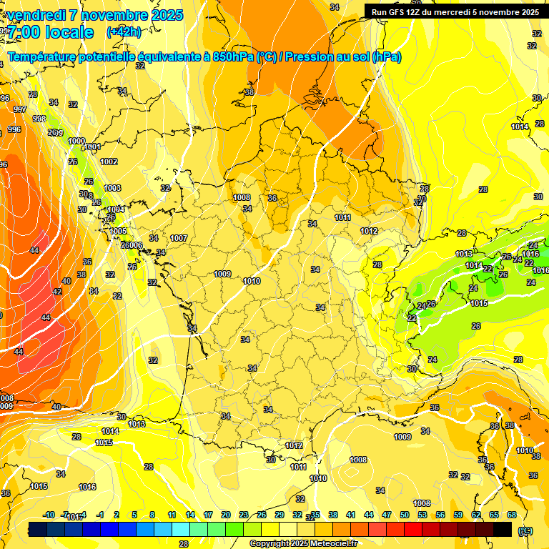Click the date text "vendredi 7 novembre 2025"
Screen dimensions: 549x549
point(94,15)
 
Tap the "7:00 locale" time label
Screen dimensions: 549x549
point(50,32)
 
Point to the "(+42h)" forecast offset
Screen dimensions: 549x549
point(124,32)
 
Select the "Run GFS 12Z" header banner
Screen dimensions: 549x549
point(455,12)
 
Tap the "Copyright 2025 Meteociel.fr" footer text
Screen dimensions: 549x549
point(303,543)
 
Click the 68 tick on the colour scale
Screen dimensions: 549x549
point(512,515)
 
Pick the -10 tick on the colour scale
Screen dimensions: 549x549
point(49,515)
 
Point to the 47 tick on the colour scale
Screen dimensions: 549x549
point(387,515)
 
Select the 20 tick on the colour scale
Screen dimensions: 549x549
point(226,515)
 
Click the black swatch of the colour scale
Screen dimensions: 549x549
point(503,530)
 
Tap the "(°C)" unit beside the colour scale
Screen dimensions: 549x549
point(526,530)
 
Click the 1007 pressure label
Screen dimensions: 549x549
point(179,238)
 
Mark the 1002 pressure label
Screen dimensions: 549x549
point(109,162)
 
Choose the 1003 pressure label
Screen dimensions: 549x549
point(112,188)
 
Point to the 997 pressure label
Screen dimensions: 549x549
point(19,109)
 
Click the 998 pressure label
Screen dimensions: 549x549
point(39,119)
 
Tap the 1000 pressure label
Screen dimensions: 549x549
point(76,141)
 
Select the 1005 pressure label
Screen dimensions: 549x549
point(118,231)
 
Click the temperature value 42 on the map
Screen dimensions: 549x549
point(57,292)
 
